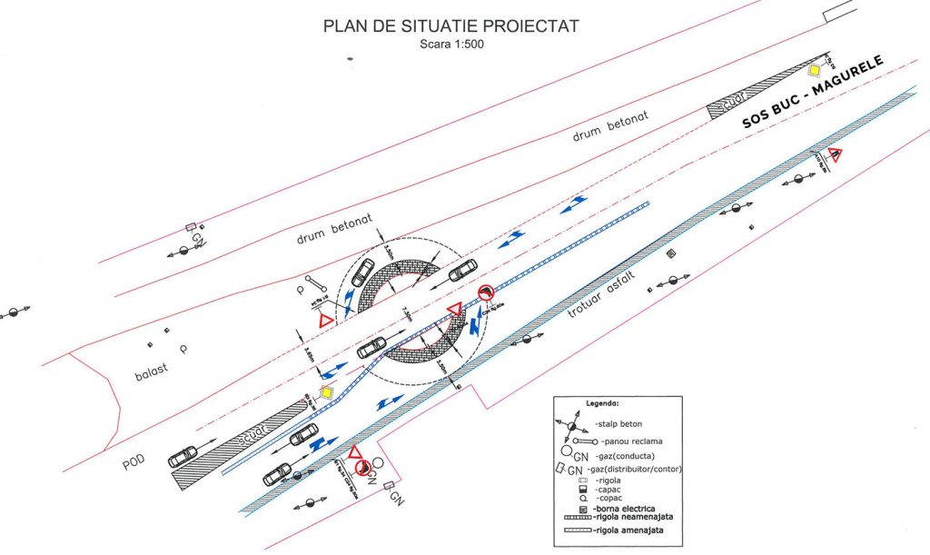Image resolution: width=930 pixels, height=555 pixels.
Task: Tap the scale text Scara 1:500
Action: pos(450,45)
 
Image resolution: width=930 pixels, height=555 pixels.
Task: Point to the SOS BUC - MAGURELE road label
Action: pos(812,93)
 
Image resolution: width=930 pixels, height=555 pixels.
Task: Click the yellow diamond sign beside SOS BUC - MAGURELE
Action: pos(816,71)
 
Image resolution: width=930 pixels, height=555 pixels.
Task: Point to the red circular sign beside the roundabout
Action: pos(486,292)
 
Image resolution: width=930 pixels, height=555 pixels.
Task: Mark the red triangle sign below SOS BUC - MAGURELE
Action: pos(835,155)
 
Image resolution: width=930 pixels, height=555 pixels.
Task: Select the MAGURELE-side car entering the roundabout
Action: pos(462,269)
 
